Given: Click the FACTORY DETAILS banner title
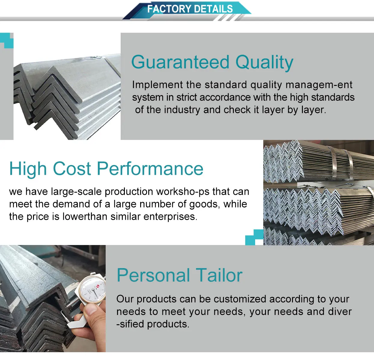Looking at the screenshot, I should (x=190, y=9).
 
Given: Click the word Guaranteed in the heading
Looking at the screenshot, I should (x=180, y=62).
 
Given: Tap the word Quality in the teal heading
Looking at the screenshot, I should (x=264, y=62).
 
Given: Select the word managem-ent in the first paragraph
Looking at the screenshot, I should (x=319, y=85).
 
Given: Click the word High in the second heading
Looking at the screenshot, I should (x=28, y=169).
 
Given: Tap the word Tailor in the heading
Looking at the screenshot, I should (x=219, y=275).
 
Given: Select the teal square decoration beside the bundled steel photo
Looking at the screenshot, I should (x=255, y=237).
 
